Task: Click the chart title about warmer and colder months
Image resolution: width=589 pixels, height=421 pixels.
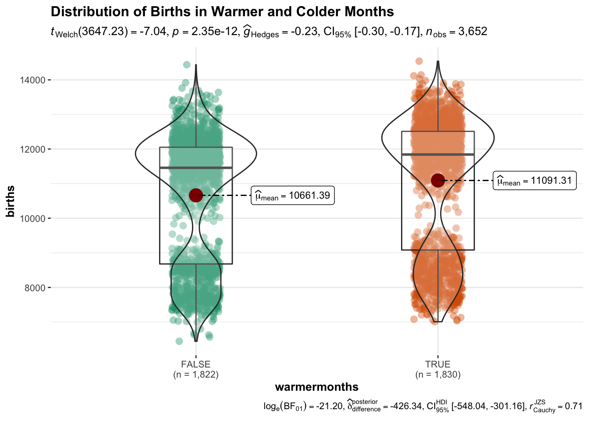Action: pos(222,11)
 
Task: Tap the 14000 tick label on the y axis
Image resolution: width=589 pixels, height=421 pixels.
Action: pos(32,80)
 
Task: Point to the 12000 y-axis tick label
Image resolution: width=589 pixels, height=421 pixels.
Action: pos(32,149)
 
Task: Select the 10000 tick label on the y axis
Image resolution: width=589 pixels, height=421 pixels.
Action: pos(32,218)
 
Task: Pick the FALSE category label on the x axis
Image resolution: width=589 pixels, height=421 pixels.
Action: pos(196,364)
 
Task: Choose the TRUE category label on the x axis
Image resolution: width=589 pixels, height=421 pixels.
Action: pos(438,364)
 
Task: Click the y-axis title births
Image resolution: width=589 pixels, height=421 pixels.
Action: pos(11,201)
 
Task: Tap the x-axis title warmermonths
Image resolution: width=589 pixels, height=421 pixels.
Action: pos(316,387)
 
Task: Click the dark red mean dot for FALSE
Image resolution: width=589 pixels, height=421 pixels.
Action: pos(195,195)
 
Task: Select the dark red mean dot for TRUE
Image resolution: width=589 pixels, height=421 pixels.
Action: pos(438,180)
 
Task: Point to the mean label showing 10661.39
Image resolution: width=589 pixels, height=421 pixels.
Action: pos(293,196)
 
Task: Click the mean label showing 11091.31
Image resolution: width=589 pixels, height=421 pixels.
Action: pos(535,181)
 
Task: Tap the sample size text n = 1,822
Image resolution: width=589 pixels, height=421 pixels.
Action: pos(196,375)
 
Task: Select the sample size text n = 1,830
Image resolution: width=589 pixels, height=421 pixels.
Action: pos(438,375)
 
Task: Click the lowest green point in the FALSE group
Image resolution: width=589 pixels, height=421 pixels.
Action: pos(179,341)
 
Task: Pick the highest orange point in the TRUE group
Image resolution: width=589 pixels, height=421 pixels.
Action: pos(419,61)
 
